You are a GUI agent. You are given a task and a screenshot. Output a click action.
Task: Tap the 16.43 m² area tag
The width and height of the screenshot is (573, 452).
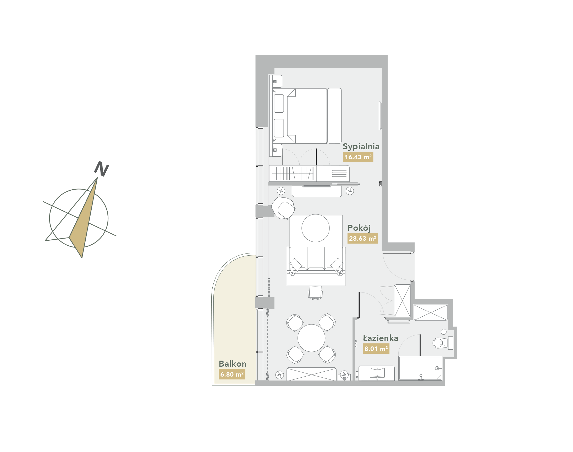[358, 157]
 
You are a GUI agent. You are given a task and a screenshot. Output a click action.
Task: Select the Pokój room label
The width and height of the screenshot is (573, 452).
[359, 228]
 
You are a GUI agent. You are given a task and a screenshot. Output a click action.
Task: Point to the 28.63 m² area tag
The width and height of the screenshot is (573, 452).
[362, 238]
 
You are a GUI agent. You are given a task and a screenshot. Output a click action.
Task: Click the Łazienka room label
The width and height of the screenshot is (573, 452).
[380, 338]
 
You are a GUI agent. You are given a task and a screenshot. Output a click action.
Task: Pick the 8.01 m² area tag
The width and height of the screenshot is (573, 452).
[376, 349]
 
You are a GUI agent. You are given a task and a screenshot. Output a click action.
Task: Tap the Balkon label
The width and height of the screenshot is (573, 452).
[232, 364]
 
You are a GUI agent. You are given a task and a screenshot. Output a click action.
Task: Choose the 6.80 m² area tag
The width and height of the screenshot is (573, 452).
[232, 374]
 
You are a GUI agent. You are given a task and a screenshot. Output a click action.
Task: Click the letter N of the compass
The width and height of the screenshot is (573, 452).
[101, 169]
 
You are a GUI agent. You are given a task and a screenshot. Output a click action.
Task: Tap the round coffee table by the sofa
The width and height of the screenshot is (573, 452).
[316, 228]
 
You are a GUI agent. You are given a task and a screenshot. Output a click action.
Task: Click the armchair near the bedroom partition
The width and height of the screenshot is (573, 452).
[283, 208]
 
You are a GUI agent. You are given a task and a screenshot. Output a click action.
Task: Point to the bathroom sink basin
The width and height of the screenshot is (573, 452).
[377, 373]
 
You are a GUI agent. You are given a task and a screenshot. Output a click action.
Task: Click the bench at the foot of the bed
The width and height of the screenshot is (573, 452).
[334, 116]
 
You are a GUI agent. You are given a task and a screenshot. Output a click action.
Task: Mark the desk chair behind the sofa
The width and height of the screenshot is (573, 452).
[315, 293]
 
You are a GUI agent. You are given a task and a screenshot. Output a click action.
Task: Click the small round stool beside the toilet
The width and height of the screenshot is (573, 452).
[444, 332]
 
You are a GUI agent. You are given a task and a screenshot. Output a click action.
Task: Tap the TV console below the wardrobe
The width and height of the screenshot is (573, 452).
[317, 191]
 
